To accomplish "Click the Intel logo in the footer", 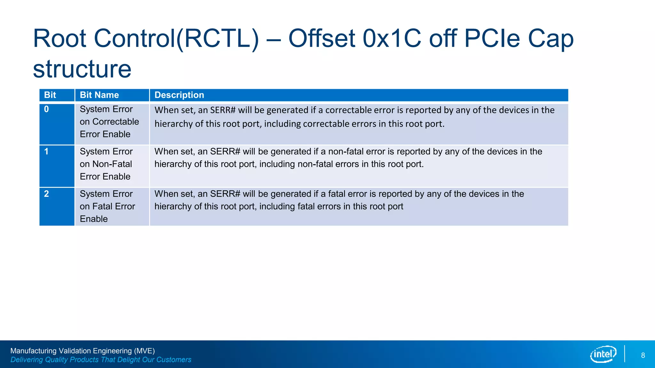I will tap(603, 354).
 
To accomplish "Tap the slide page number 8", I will tap(643, 356).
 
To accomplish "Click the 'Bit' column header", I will tap(50, 95).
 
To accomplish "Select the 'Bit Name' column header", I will tap(99, 95).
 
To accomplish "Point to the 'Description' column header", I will tap(179, 95).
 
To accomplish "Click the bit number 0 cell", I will tap(46, 109).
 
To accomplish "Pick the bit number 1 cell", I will tap(46, 151).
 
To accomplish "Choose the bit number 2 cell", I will tap(46, 194).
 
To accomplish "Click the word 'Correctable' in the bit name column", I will tap(115, 122).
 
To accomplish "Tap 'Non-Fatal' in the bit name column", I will tap(112, 164).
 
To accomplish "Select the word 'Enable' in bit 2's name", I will tap(94, 219).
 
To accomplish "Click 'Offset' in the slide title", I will tap(322, 38).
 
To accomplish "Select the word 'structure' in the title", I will tap(82, 69).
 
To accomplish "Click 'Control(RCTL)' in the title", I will tap(176, 38).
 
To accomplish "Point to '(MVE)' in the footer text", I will tap(144, 351).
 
